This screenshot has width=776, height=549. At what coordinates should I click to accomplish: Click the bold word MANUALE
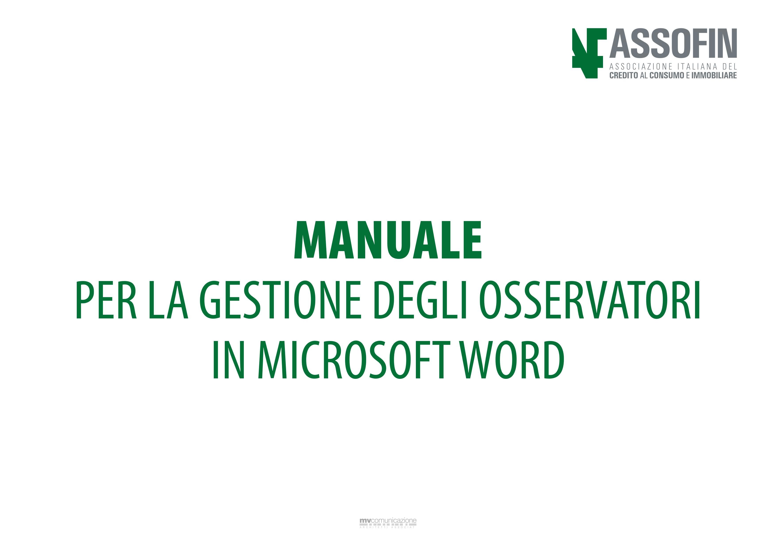point(388,240)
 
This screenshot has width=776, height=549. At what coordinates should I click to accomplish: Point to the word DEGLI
point(421,300)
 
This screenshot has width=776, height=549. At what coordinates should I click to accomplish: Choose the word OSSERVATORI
point(590,300)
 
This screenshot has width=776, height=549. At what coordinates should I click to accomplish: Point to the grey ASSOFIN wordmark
point(673,43)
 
